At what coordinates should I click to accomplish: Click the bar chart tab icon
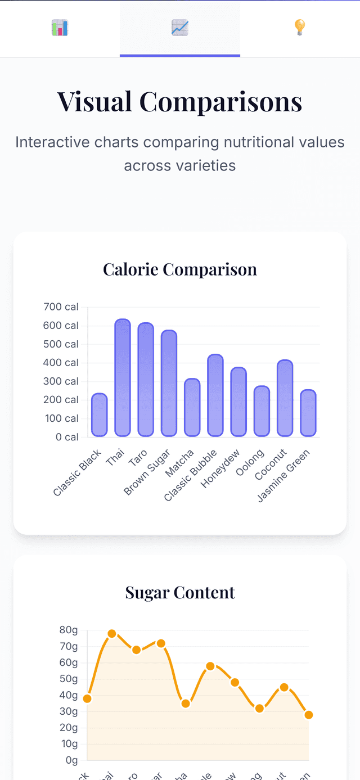point(60,28)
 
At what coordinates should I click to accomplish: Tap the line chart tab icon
point(180,28)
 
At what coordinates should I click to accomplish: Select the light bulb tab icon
point(300,28)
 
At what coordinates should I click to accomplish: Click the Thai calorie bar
point(123,378)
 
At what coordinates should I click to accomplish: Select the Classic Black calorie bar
point(100,415)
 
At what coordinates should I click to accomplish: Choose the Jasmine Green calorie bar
point(308,413)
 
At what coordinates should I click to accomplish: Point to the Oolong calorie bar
point(262,411)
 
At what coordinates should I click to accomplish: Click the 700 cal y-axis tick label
point(61,307)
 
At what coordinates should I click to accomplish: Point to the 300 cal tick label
point(61,381)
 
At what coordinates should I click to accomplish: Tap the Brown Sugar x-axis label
point(147,472)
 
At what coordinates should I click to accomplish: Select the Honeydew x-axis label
point(220,468)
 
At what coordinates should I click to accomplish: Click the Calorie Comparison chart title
point(180,269)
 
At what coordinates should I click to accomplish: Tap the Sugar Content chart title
point(180,592)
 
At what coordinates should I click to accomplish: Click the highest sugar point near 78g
point(112,634)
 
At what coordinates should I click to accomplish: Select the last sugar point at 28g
point(308,715)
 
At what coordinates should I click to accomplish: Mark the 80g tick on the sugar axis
point(68,630)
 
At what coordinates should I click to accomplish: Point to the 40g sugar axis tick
point(68,695)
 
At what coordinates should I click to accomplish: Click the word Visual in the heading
point(95,102)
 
